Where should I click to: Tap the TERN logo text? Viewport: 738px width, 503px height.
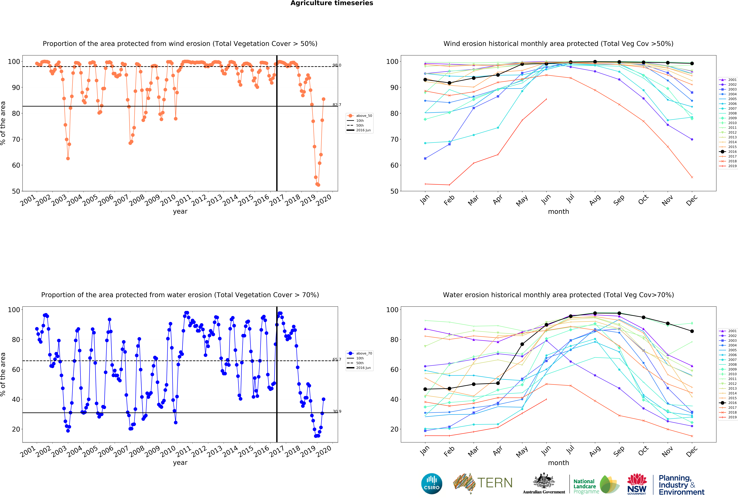click(x=495, y=483)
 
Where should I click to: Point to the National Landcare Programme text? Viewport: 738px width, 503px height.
click(x=586, y=486)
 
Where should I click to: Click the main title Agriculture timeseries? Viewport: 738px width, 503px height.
click(x=332, y=3)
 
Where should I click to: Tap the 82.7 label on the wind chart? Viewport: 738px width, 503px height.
click(x=337, y=105)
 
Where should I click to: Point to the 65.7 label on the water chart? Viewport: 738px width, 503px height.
click(x=337, y=359)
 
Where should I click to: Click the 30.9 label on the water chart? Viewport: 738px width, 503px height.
click(x=337, y=411)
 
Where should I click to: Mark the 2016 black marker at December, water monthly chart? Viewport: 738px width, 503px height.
click(x=692, y=331)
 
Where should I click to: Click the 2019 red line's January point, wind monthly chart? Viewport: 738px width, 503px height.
click(x=425, y=184)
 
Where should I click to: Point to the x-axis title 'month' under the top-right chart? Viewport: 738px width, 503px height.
click(x=558, y=211)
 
